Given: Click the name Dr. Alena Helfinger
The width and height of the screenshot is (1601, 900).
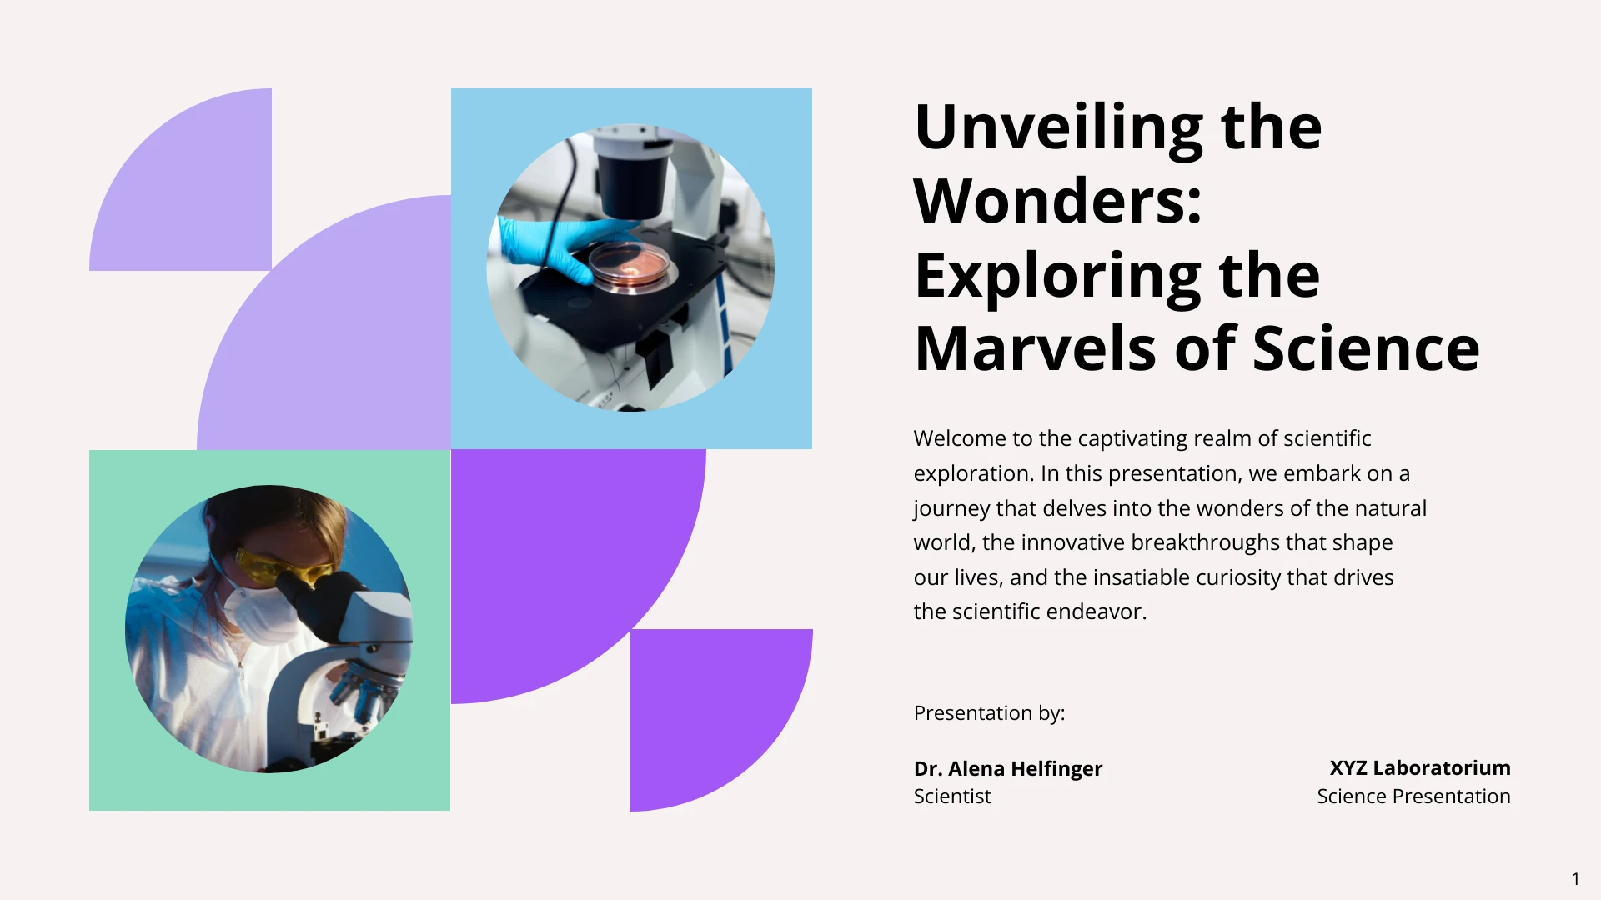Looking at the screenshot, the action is (x=1008, y=768).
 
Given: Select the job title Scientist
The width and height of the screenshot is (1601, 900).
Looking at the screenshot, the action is (x=952, y=797).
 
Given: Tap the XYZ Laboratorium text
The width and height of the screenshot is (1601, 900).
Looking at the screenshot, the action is (x=1420, y=767).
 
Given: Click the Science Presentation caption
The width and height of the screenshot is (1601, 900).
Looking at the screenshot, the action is (x=1414, y=797).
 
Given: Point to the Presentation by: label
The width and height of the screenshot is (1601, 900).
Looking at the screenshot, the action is (x=990, y=713).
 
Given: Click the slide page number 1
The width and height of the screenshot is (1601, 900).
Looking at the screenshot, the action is (x=1576, y=879).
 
